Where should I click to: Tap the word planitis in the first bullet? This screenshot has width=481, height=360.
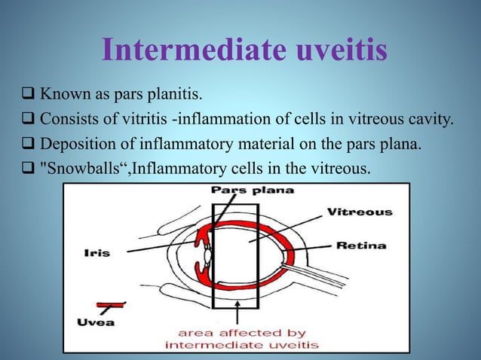coord(175,96)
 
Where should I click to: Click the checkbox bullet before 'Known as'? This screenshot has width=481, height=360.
coord(28,96)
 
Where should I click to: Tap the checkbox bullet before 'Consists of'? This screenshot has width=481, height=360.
coord(28,119)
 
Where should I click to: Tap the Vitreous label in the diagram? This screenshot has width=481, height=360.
coord(360,212)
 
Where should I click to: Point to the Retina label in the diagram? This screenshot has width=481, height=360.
coord(361,245)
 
